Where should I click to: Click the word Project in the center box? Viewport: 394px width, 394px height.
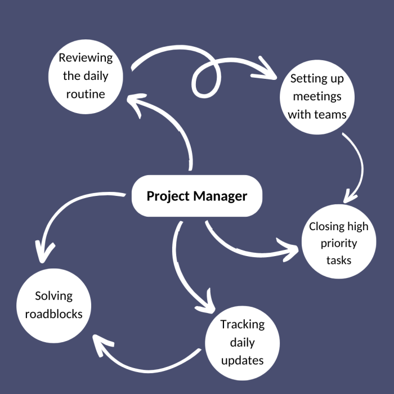pos(168,196)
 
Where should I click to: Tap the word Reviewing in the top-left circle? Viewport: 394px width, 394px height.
pos(86,58)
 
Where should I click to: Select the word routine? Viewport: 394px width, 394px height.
pos(86,94)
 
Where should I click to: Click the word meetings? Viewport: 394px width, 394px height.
pos(316,96)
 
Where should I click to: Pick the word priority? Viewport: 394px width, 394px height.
pos(339,243)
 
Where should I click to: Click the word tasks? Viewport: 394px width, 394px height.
pos(339,260)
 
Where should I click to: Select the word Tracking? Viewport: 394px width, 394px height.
pos(242,324)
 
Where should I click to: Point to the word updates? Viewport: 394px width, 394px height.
pos(242,360)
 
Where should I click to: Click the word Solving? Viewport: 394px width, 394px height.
pos(53,296)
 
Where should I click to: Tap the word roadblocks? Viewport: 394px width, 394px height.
pos(53,314)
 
